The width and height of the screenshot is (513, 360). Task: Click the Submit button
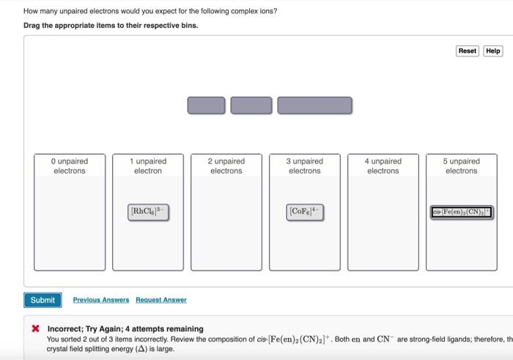(x=43, y=300)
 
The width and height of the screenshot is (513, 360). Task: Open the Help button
(x=493, y=51)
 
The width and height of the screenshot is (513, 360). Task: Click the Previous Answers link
(x=101, y=300)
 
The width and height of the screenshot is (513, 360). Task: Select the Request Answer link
(x=161, y=300)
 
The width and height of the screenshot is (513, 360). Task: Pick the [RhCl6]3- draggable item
(x=148, y=213)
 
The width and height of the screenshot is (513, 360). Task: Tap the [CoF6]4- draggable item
(x=304, y=213)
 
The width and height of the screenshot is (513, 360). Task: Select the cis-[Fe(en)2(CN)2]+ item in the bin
(x=461, y=213)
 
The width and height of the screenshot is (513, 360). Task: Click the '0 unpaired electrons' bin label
(x=70, y=166)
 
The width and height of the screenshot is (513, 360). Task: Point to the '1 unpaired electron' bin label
(x=148, y=166)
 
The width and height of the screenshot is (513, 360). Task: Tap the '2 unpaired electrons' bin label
(x=226, y=166)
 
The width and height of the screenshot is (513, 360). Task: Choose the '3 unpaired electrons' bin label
(x=304, y=166)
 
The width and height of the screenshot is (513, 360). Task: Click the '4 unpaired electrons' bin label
(x=383, y=166)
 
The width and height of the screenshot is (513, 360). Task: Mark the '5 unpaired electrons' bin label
(x=461, y=166)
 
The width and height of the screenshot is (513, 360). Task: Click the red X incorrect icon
(x=35, y=328)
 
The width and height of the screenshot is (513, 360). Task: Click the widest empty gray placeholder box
(x=314, y=106)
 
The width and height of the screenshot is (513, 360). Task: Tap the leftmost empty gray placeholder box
(x=206, y=106)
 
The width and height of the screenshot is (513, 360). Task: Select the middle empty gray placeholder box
(x=251, y=106)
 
